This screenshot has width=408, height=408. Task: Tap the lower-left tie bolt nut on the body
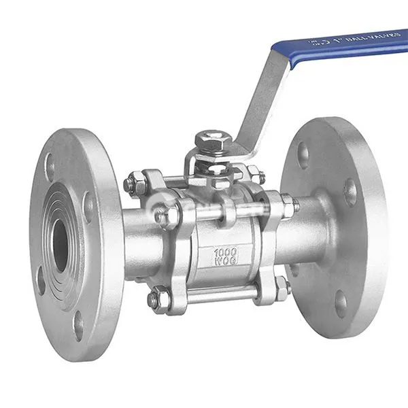(x=156, y=299)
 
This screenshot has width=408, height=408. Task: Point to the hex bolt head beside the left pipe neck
(x=164, y=216)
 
